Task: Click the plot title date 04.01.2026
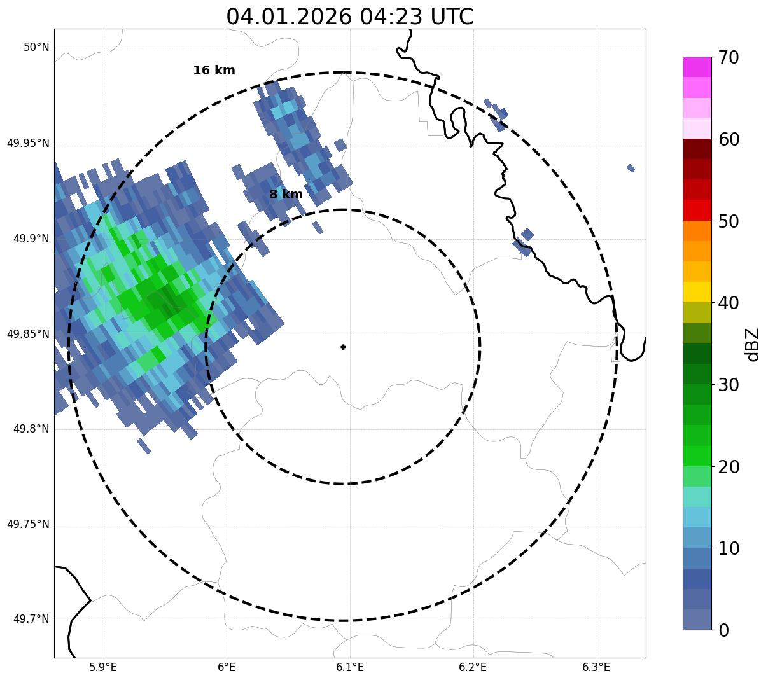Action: [288, 17]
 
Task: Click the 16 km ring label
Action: [214, 71]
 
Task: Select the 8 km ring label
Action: [286, 195]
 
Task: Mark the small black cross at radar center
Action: [344, 347]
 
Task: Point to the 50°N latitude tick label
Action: [36, 47]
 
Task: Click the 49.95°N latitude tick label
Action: [28, 143]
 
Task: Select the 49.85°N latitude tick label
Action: [28, 334]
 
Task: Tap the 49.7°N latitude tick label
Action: [31, 620]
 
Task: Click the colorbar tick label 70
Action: [729, 58]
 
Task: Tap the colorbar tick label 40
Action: [729, 303]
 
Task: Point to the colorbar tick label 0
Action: [724, 630]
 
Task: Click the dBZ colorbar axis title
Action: [753, 344]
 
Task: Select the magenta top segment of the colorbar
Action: [697, 67]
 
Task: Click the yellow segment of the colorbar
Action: [697, 292]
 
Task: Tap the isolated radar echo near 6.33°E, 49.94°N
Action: [631, 168]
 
